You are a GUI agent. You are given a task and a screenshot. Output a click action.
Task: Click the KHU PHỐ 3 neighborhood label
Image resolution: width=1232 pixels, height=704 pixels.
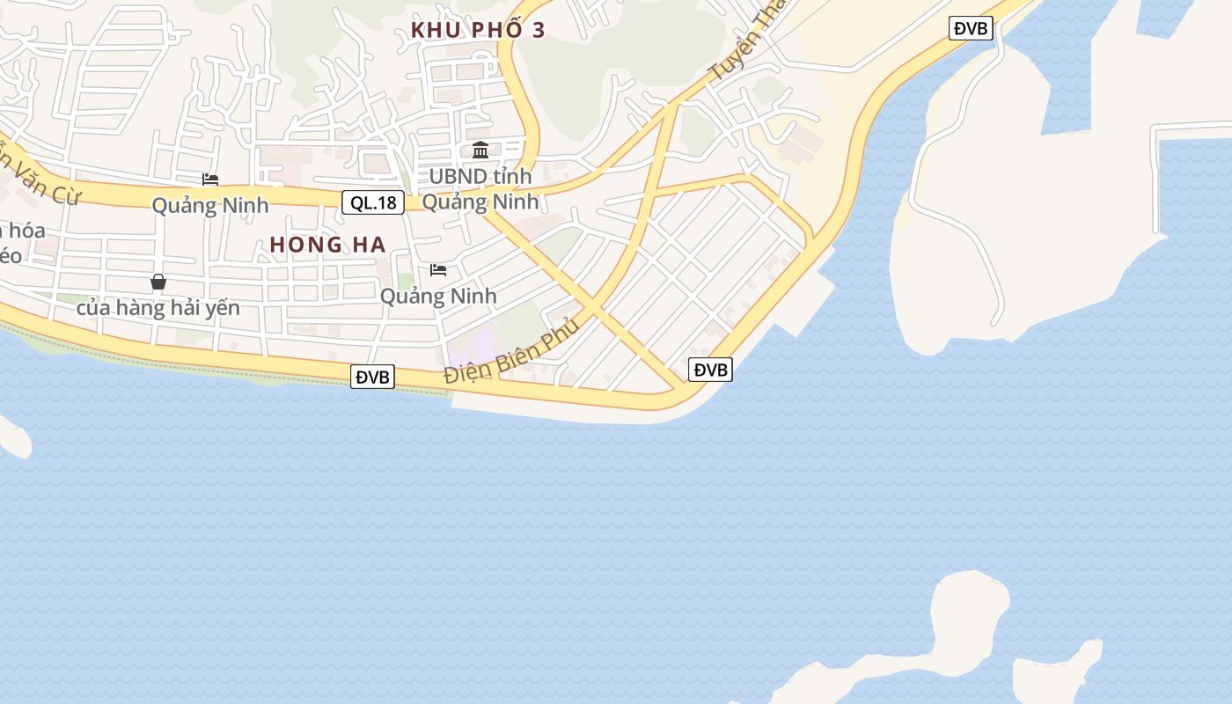(478, 30)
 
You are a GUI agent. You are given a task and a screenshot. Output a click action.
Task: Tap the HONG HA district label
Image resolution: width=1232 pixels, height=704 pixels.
(327, 246)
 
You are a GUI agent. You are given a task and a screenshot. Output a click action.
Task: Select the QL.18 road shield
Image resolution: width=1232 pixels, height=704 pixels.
(373, 202)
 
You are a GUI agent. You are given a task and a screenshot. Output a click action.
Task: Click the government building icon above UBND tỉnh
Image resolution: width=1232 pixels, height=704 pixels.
(480, 150)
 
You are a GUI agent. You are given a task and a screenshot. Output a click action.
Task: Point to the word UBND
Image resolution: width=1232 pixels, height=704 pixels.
(458, 177)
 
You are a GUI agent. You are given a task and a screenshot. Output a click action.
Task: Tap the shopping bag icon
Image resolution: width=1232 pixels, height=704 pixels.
(158, 282)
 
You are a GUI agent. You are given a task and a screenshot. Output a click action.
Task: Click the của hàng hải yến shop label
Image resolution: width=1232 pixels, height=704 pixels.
(158, 308)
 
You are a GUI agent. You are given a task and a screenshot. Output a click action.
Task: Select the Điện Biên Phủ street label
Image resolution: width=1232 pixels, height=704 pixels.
(511, 350)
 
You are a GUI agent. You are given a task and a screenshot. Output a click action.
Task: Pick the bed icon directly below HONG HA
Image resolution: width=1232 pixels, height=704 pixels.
(438, 269)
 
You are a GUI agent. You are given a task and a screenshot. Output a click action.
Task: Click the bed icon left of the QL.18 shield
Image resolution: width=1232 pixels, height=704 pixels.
(210, 180)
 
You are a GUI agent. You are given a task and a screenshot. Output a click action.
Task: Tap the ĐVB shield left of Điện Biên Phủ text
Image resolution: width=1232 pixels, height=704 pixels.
(372, 378)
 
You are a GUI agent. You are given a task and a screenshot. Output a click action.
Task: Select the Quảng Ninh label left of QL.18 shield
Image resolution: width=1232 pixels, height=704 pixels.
(209, 206)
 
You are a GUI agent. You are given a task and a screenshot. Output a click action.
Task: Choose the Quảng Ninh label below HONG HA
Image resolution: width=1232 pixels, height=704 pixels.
(438, 296)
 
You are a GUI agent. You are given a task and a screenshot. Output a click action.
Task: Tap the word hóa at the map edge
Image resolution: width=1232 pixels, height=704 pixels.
(25, 231)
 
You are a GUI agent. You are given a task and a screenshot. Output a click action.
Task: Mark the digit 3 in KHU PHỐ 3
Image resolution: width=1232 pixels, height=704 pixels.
(538, 30)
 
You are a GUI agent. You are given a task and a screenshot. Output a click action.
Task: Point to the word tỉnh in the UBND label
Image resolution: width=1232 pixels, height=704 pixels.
(512, 177)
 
